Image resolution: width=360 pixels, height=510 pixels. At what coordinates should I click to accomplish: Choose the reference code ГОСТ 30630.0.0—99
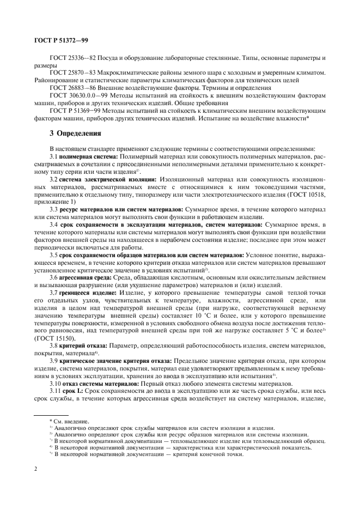(x=75, y=95)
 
